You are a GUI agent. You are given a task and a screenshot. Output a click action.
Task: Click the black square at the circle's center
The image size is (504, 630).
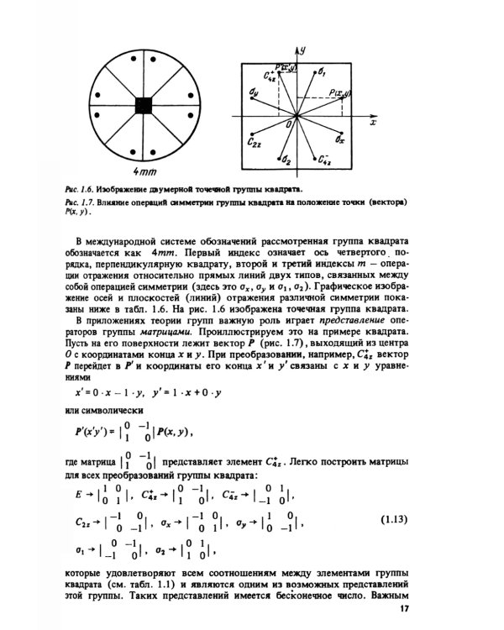144,105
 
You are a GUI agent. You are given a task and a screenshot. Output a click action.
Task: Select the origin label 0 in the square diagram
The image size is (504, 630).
290,123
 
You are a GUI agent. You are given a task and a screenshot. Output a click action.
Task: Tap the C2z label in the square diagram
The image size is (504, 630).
256,144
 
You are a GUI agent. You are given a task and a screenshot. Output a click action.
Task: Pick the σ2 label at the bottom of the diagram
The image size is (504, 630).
286,159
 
